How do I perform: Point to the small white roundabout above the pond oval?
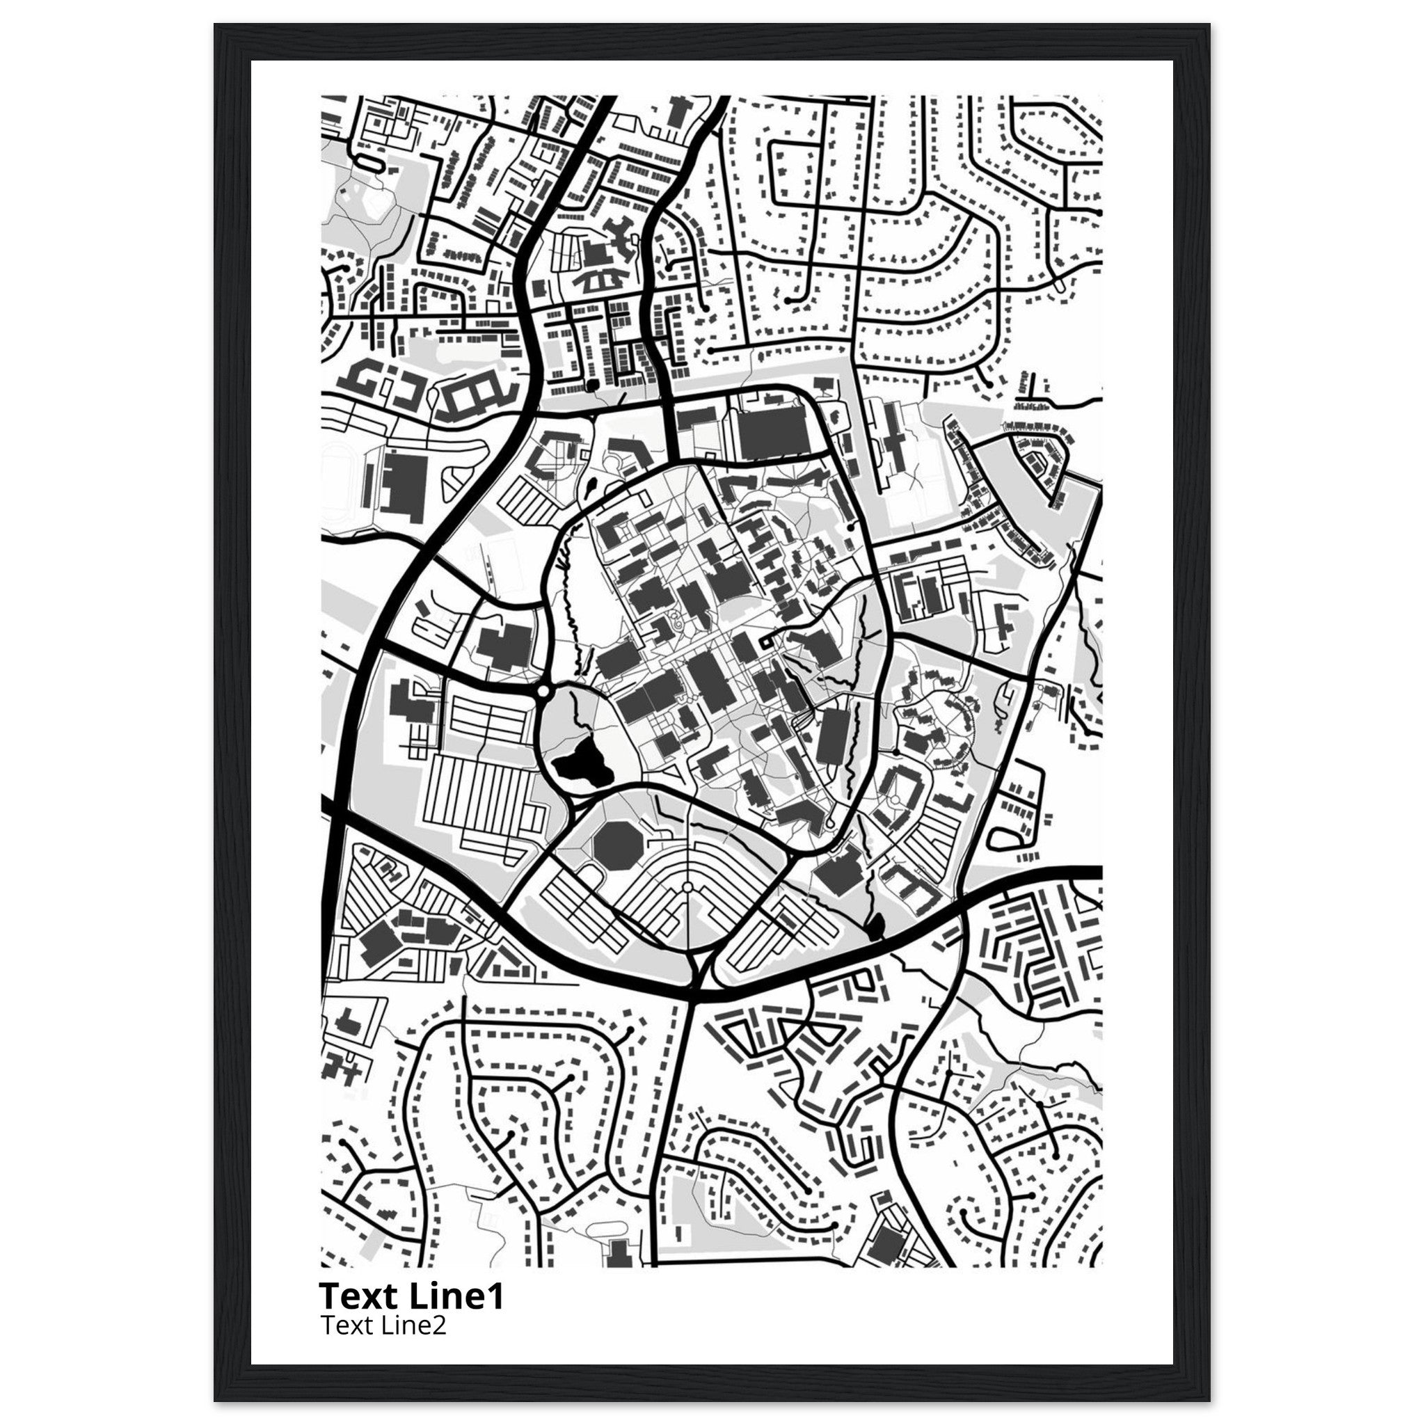coord(543,692)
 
